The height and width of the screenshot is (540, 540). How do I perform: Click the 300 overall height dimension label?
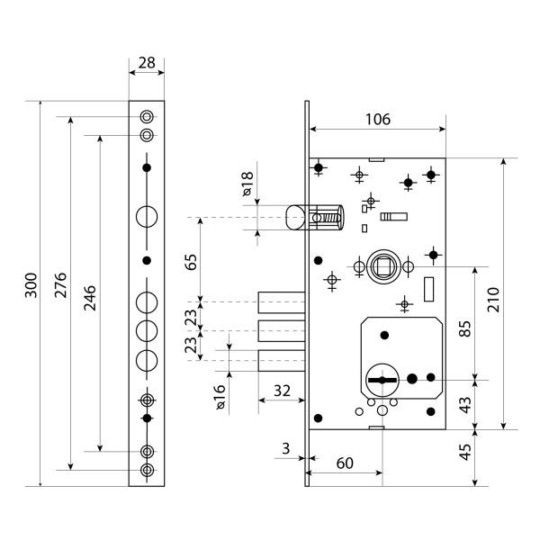tap(31, 285)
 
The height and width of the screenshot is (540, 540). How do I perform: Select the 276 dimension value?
tap(60, 285)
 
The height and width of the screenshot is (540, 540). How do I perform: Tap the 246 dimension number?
tap(90, 298)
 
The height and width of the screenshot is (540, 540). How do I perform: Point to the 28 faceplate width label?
tap(147, 63)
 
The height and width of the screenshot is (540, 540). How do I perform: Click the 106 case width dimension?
tap(378, 119)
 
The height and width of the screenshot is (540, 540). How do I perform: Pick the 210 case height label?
tap(493, 300)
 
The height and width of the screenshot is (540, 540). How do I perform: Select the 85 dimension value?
tap(465, 328)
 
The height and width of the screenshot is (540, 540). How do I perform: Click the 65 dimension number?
tap(191, 262)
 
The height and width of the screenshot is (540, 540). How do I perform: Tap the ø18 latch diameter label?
tap(247, 184)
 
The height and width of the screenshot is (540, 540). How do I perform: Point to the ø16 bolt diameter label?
tap(220, 397)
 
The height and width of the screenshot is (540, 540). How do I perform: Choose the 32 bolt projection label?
tap(282, 391)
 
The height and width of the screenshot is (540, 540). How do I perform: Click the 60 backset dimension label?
tap(345, 463)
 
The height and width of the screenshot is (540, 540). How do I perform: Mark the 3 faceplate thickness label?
tap(286, 448)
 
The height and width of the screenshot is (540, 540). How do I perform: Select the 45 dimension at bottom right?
tap(465, 452)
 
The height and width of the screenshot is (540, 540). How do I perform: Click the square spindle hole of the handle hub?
tap(383, 266)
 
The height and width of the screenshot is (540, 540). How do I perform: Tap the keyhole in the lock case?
tap(382, 380)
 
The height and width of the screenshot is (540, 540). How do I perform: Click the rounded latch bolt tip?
tap(295, 218)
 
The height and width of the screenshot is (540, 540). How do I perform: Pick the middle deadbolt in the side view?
tap(282, 331)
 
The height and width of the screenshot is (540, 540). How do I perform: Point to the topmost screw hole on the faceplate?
tap(147, 117)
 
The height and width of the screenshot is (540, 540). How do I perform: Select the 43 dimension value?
tap(465, 405)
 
